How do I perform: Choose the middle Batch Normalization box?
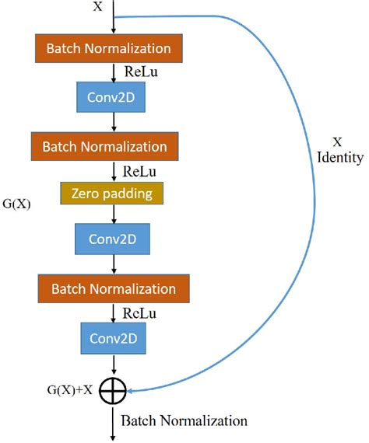(x=104, y=145)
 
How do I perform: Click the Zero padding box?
(x=113, y=194)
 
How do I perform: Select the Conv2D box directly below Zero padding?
(x=114, y=238)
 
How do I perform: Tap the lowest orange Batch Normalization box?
(x=114, y=289)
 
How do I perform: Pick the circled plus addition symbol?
(x=114, y=391)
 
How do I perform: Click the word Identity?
(x=340, y=158)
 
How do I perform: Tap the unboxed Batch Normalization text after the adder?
(x=184, y=421)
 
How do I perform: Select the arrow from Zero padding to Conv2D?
(x=114, y=214)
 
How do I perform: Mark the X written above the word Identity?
(x=337, y=142)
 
